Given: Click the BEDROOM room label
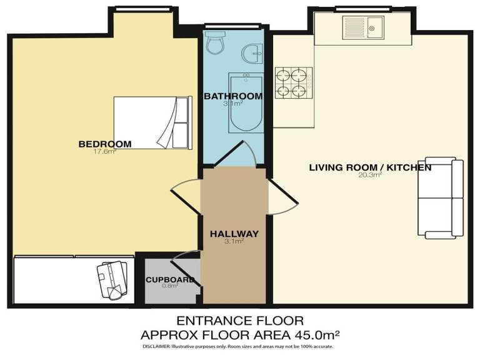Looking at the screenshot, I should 105,144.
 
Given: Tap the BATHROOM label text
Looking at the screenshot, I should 233,96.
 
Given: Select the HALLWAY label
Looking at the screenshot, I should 234,234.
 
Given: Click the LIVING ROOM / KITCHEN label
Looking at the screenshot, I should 370,167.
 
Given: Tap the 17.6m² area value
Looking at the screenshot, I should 105,152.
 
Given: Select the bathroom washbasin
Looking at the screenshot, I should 254,53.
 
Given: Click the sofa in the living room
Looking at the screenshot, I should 441,197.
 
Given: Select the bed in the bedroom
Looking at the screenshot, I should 151,122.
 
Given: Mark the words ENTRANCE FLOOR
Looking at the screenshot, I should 240,322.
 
